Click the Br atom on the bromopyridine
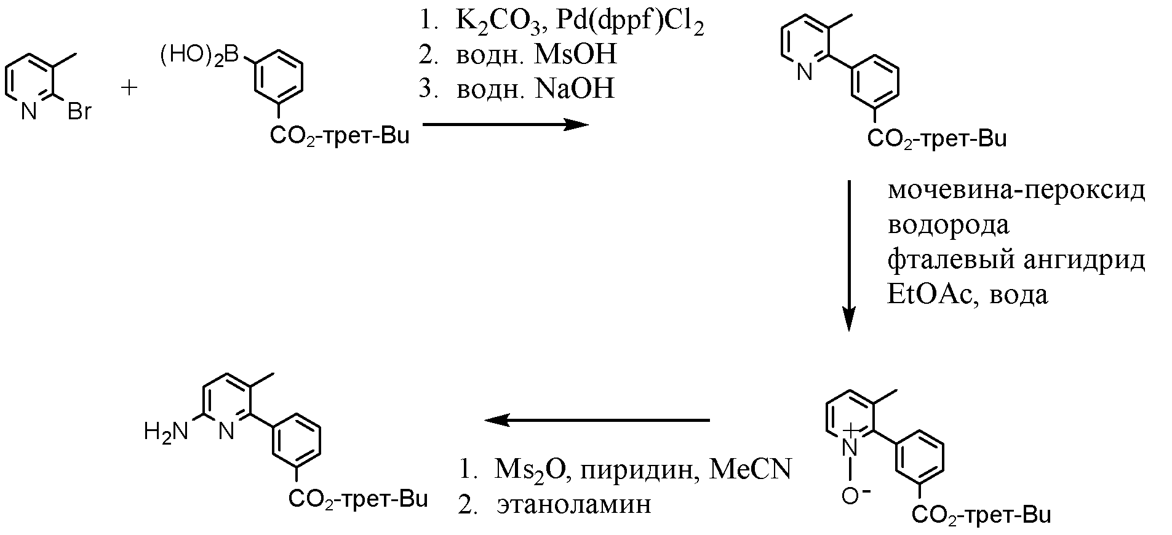point(79,113)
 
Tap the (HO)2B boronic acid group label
point(199,57)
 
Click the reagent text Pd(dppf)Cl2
point(629,23)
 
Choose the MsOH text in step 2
point(575,56)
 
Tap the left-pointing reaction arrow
point(597,420)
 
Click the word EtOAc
point(925,295)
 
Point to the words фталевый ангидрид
point(1016,260)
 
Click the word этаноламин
point(573,504)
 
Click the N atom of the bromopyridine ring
point(29,112)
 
